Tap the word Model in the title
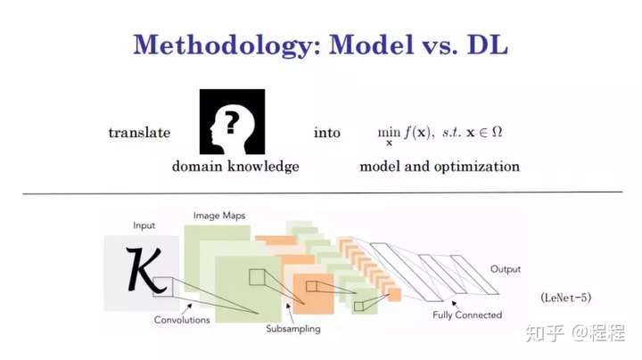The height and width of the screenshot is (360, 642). pyautogui.click(x=371, y=45)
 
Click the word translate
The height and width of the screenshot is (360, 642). pyautogui.click(x=139, y=133)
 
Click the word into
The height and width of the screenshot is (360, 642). pyautogui.click(x=326, y=133)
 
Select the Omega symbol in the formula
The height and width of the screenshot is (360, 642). pyautogui.click(x=497, y=132)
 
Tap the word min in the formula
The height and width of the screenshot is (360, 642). pyautogui.click(x=389, y=132)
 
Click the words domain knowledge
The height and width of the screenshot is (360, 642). pyautogui.click(x=235, y=166)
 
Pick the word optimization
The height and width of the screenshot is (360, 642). pyautogui.click(x=476, y=167)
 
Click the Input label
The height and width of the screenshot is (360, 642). pyautogui.click(x=144, y=225)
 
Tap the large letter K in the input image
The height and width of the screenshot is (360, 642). pyautogui.click(x=144, y=270)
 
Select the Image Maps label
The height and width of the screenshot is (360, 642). pyautogui.click(x=219, y=216)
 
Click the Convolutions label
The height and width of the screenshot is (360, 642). pyautogui.click(x=182, y=320)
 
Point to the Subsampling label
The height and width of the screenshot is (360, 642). pyautogui.click(x=293, y=329)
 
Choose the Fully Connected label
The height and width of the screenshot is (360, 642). pyautogui.click(x=467, y=315)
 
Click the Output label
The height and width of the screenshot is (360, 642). pyautogui.click(x=506, y=269)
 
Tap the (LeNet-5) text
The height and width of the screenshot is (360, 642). pyautogui.click(x=566, y=298)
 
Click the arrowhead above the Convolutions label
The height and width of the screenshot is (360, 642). pyautogui.click(x=190, y=305)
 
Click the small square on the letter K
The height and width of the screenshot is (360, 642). pyautogui.click(x=163, y=286)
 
